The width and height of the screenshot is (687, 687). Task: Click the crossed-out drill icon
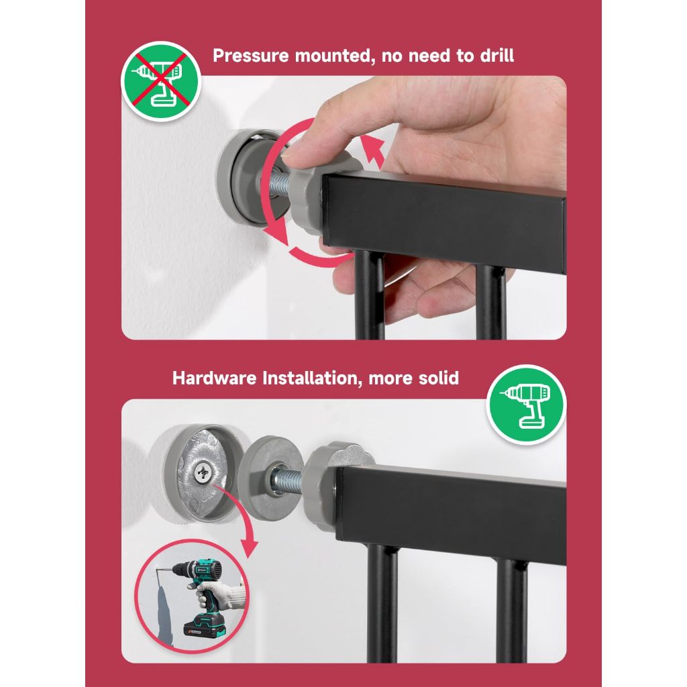pyautogui.click(x=161, y=81)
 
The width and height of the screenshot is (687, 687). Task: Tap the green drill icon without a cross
pyautogui.click(x=526, y=405)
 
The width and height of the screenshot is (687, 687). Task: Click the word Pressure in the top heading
pyautogui.click(x=251, y=56)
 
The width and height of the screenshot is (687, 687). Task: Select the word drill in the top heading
pyautogui.click(x=497, y=56)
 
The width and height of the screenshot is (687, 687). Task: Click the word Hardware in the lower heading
pyautogui.click(x=214, y=378)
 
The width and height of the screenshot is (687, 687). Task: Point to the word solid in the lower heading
pyautogui.click(x=435, y=378)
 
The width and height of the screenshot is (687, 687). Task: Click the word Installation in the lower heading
pyautogui.click(x=313, y=378)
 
